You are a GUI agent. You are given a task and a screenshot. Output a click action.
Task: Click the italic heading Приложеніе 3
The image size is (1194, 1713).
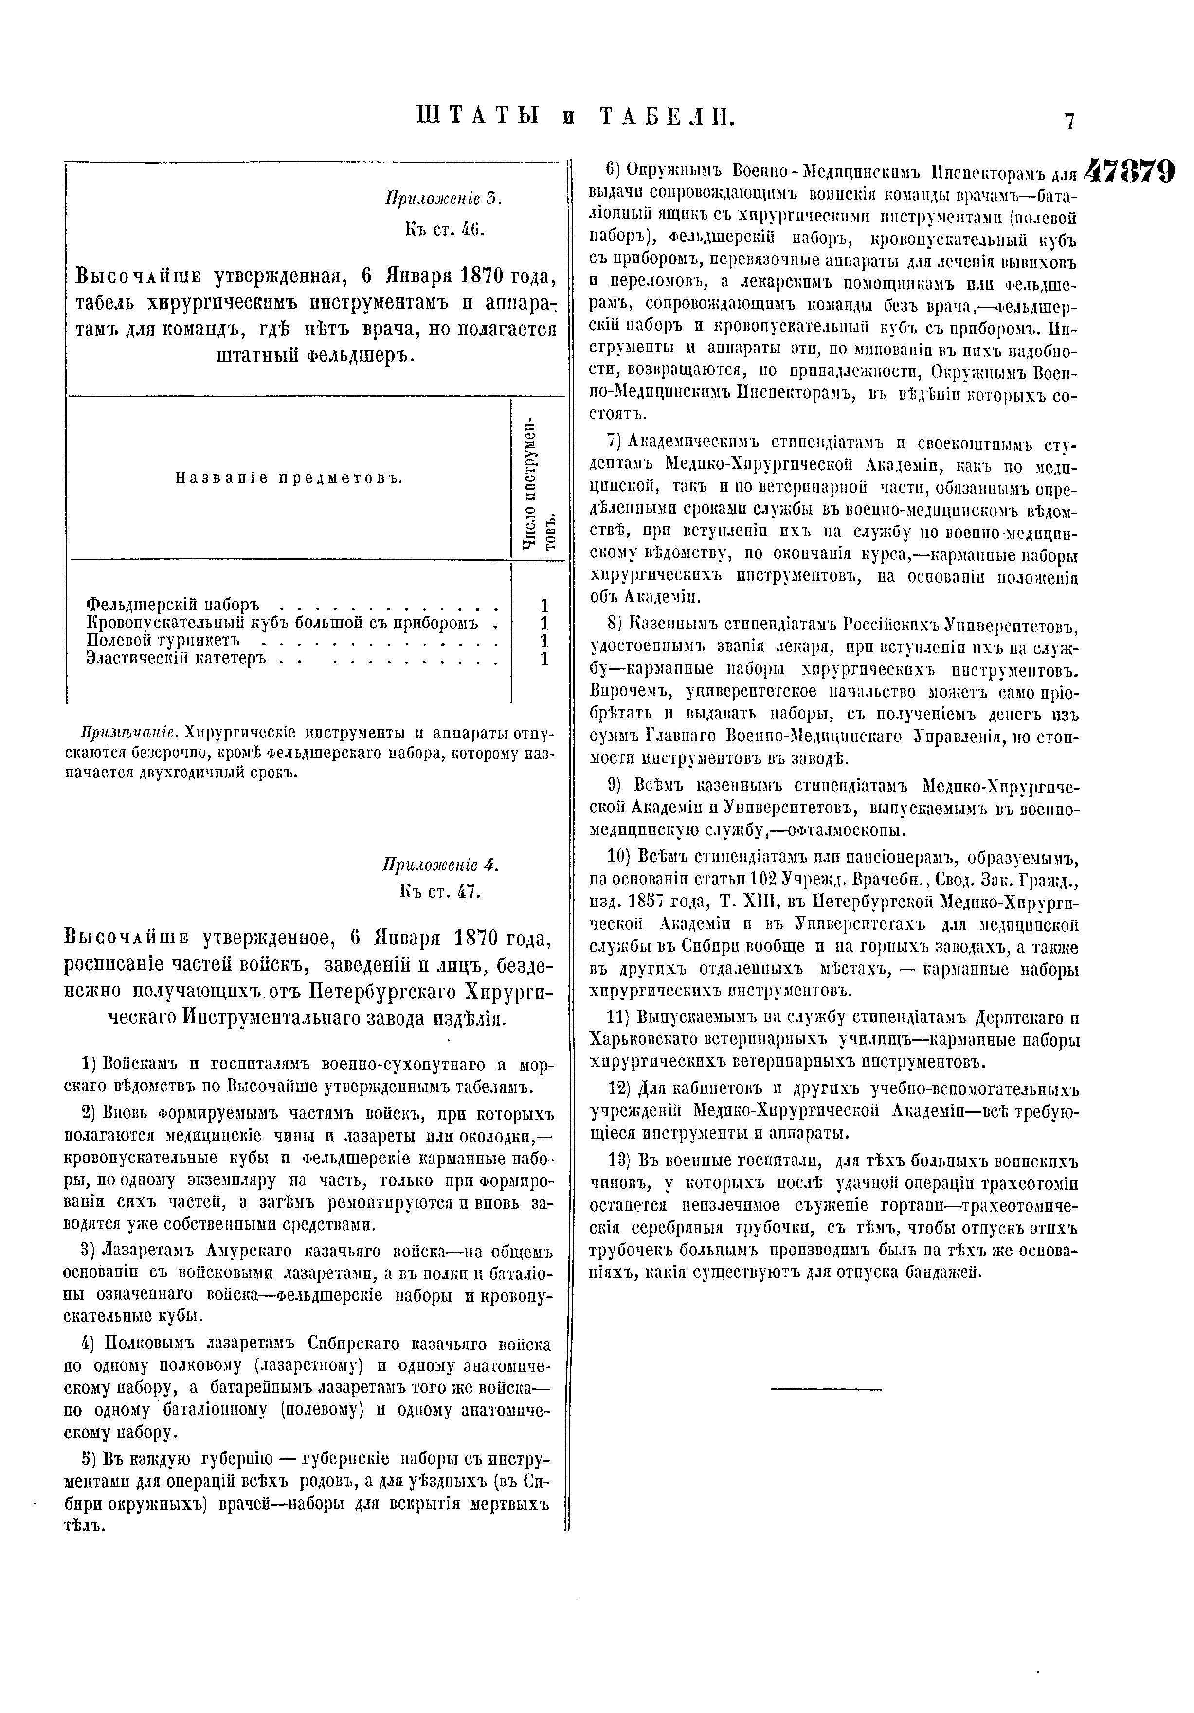[x=444, y=199]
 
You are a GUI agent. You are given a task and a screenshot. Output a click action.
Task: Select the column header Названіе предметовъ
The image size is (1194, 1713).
[x=289, y=478]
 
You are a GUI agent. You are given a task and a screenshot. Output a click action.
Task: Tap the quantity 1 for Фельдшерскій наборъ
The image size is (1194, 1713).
[x=544, y=604]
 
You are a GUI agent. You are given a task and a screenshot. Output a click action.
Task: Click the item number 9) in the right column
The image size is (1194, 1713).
[x=620, y=785]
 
